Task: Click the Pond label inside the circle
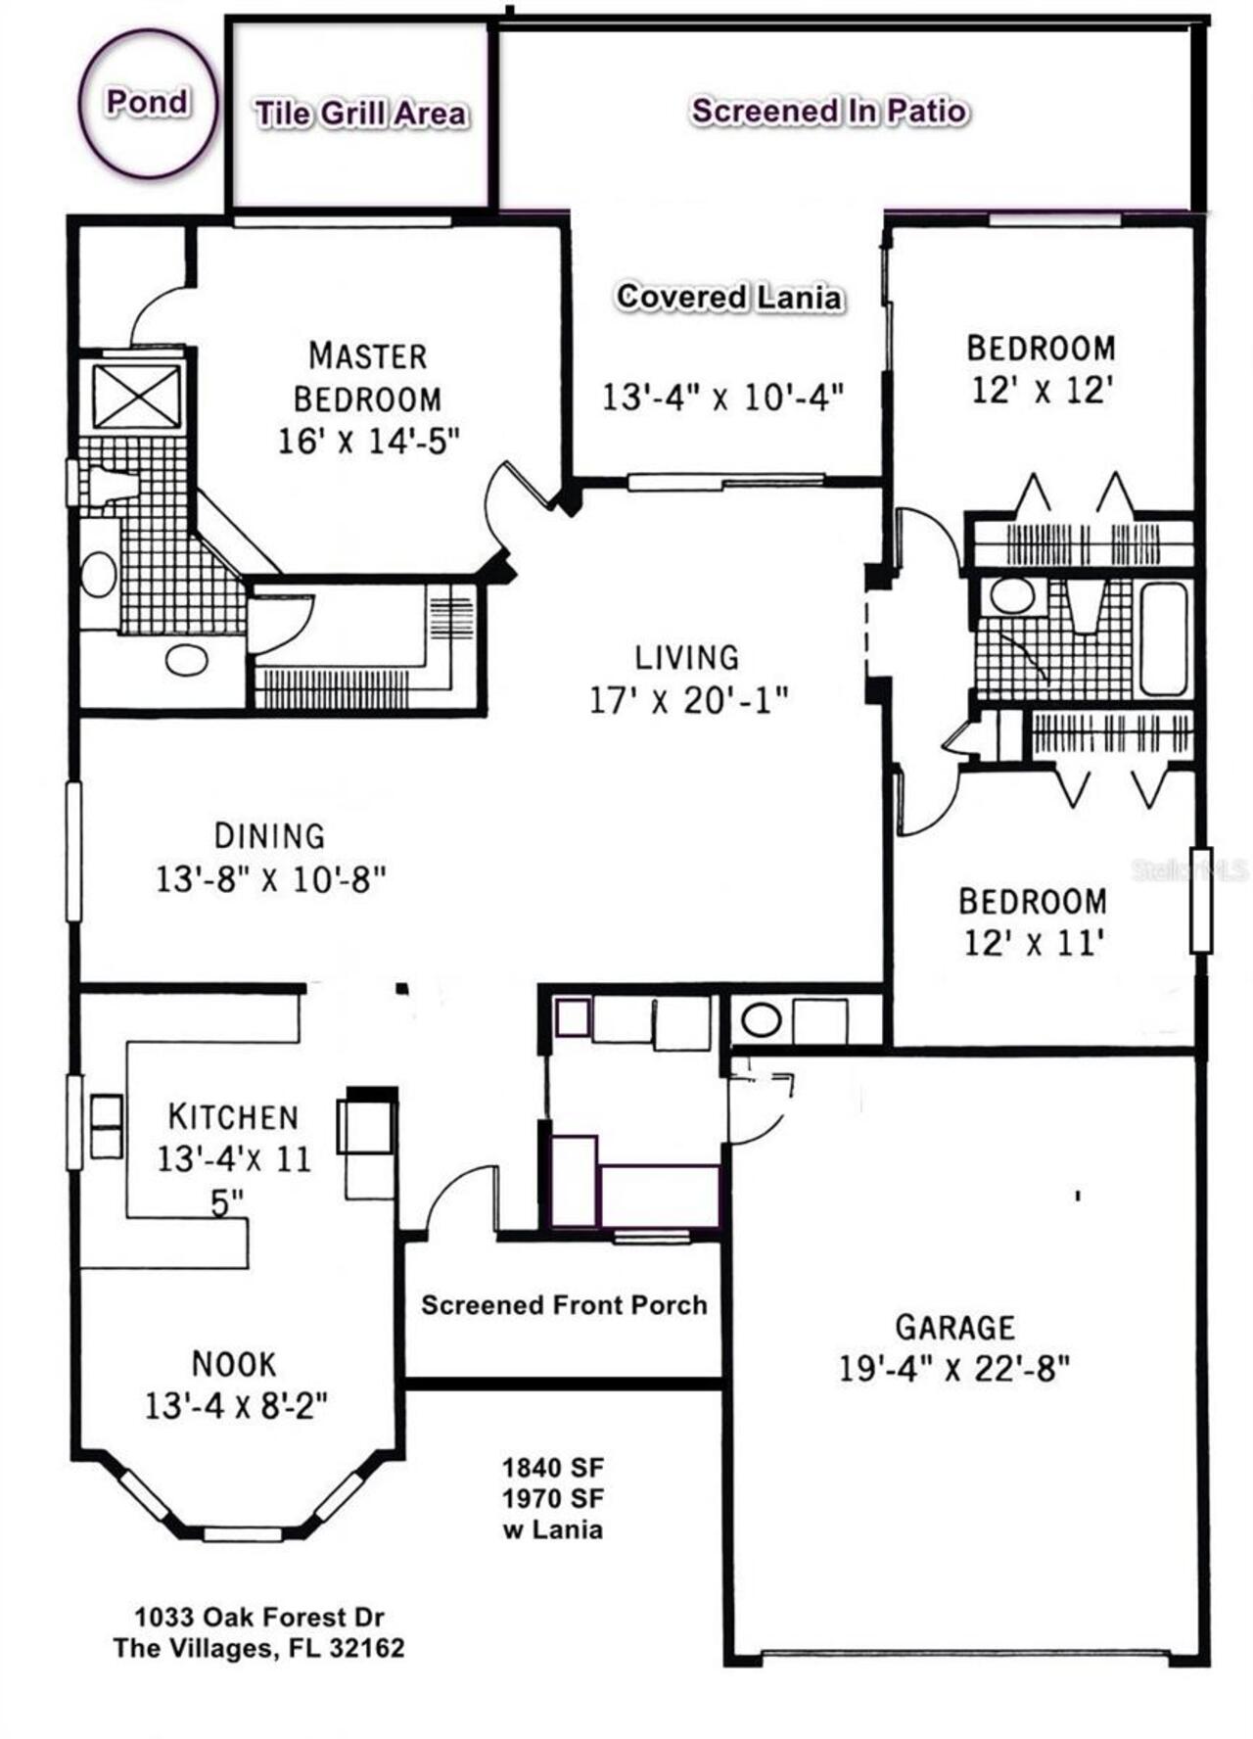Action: tap(147, 102)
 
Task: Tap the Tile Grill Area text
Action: tap(360, 114)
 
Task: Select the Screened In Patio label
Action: tap(830, 111)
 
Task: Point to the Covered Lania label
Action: tap(728, 297)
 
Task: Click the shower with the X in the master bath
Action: tap(137, 397)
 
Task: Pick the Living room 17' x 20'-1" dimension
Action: tap(688, 701)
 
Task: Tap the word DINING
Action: tap(270, 836)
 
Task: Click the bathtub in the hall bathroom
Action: tap(1163, 639)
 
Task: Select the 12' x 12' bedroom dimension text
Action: tap(1042, 391)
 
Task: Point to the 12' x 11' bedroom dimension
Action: tap(1034, 944)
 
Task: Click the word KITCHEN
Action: tap(233, 1116)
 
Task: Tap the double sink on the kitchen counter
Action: tap(106, 1127)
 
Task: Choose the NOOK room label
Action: tap(234, 1364)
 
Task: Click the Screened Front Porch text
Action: tap(564, 1305)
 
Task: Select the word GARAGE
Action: tap(955, 1328)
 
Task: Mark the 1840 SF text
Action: tap(553, 1468)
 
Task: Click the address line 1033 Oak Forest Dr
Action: tap(259, 1617)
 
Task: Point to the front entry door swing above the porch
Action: tap(460, 1199)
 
